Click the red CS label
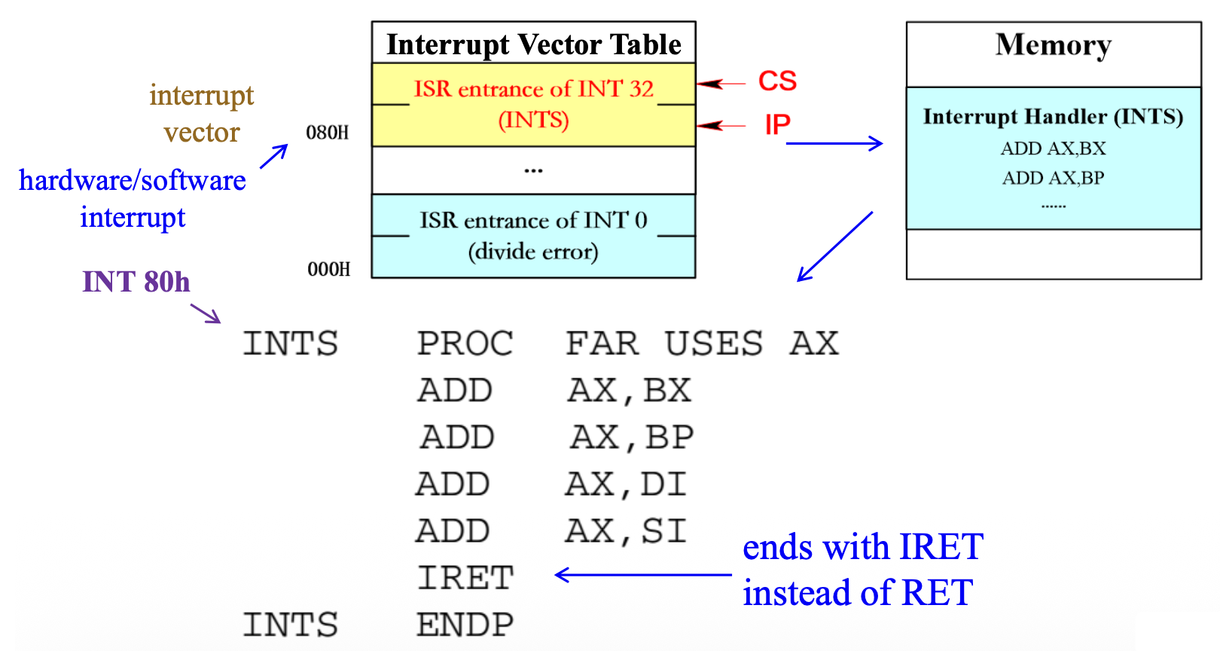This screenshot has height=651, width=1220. tap(777, 81)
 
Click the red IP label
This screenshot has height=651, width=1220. tap(777, 125)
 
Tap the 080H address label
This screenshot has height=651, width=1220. tap(328, 133)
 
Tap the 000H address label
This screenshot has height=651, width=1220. tap(328, 270)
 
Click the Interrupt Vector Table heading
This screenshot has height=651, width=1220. tap(533, 44)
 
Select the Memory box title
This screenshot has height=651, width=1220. tap(1053, 45)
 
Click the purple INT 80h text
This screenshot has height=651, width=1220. tap(136, 282)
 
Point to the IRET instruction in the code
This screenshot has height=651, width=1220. tap(465, 578)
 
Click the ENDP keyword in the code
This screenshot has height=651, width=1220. tap(465, 625)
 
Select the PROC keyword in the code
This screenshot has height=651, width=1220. tap(465, 344)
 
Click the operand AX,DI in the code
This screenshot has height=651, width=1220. tap(626, 484)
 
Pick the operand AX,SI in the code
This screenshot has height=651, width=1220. tap(626, 531)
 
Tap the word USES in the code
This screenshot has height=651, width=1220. tap(713, 344)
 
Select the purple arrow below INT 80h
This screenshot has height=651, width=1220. tap(206, 313)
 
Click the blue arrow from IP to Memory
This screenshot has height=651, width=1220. tap(834, 143)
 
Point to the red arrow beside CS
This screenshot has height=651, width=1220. tap(721, 84)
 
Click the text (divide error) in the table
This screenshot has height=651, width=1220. tap(533, 252)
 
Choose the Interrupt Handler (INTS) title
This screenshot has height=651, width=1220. tap(1053, 117)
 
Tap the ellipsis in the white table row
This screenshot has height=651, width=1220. tap(533, 171)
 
